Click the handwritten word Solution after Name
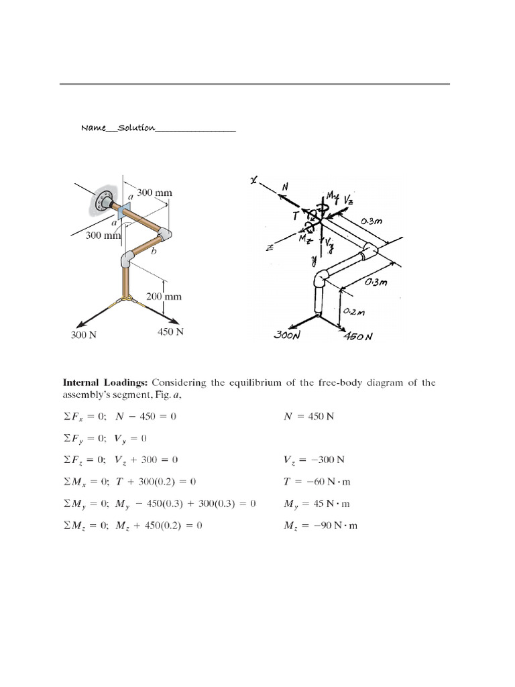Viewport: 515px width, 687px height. click(x=137, y=127)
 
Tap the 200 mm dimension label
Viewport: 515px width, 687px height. click(x=164, y=296)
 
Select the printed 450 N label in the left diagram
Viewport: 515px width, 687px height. click(x=170, y=331)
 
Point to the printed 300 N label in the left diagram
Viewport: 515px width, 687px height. click(x=84, y=335)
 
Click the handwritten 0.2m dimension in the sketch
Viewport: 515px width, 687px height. click(x=354, y=312)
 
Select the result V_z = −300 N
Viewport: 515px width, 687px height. click(x=319, y=460)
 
